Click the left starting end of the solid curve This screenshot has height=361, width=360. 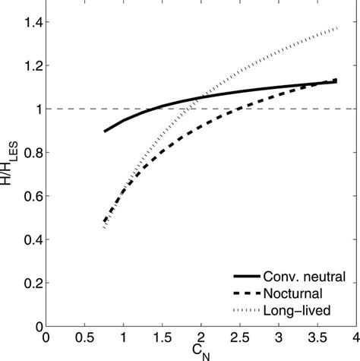click(x=105, y=131)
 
